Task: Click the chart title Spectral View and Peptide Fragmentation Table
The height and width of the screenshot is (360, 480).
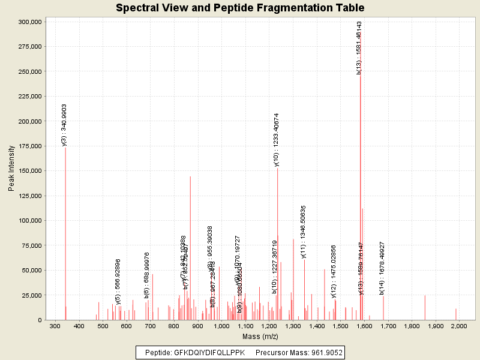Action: point(240,8)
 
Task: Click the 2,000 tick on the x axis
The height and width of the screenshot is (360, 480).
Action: point(459,326)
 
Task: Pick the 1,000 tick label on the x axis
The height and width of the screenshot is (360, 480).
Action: point(221,326)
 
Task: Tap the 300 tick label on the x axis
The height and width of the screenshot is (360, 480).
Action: point(55,326)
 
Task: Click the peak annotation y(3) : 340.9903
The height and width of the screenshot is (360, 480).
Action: point(64,125)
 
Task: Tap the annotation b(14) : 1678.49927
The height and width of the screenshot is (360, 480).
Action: point(382,268)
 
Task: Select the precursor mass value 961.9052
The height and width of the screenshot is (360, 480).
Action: point(324,353)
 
